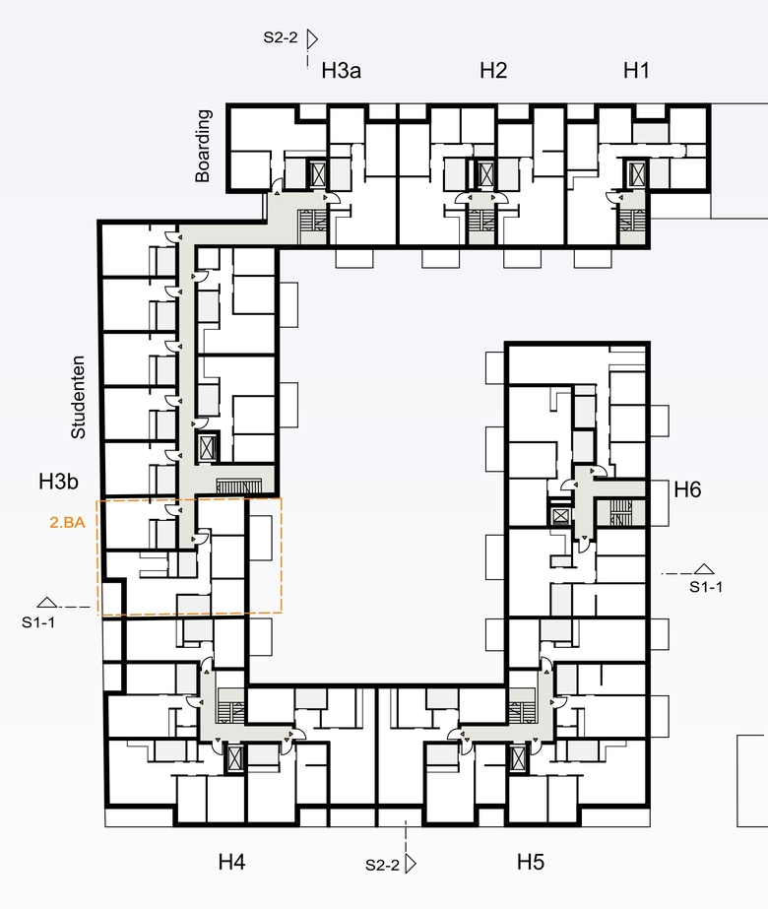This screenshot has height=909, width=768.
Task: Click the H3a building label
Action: [x=342, y=71]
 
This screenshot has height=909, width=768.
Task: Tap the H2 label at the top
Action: [x=493, y=71]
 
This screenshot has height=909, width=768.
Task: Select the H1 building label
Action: [x=636, y=71]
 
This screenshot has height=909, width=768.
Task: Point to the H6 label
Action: [x=687, y=489]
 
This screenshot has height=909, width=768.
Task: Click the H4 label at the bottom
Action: [x=231, y=862]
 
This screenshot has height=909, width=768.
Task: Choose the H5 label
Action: [x=531, y=862]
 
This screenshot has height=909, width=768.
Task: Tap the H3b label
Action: [x=58, y=482]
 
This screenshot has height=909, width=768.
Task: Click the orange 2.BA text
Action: [x=67, y=522]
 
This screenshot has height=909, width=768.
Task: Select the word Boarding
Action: [x=202, y=146]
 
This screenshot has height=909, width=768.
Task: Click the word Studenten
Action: [x=78, y=397]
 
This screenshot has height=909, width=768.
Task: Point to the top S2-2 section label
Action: [x=281, y=37]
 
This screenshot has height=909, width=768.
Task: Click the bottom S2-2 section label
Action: [x=383, y=865]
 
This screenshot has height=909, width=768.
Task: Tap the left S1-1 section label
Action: [x=38, y=622]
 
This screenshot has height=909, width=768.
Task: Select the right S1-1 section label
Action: [x=706, y=587]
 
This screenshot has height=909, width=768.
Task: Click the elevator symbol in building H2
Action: [x=485, y=173]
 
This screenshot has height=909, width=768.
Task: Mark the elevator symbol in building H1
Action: [x=637, y=172]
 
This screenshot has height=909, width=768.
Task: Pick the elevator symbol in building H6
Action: [x=560, y=515]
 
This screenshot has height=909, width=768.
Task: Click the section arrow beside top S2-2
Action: [x=312, y=39]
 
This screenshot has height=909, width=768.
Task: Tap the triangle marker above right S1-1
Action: [x=704, y=568]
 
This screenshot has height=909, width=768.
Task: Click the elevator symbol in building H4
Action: [x=234, y=758]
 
